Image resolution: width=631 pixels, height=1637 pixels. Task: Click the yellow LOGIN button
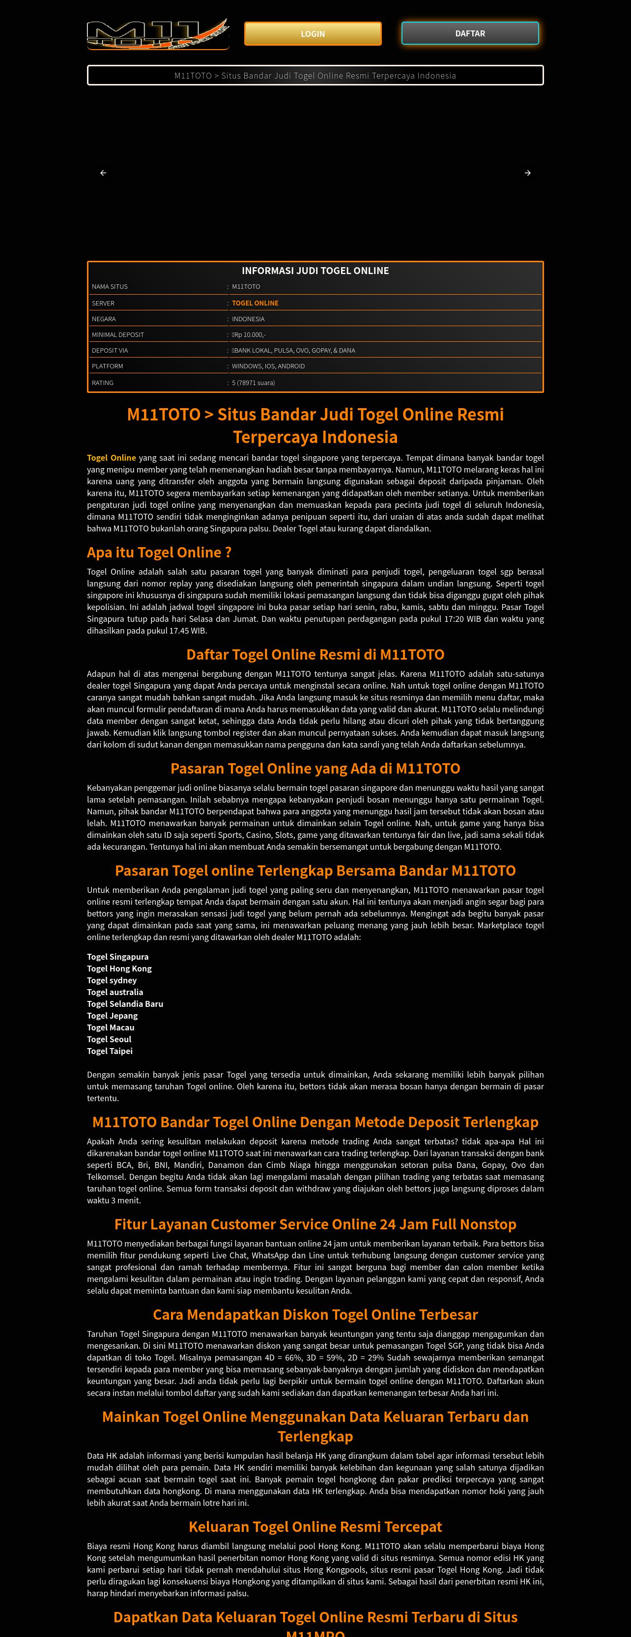(313, 34)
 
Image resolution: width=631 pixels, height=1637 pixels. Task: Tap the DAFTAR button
(469, 34)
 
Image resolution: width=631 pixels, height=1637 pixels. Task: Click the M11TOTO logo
(157, 34)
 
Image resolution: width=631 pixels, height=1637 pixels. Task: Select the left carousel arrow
(103, 173)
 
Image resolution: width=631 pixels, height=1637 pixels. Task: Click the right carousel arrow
(527, 173)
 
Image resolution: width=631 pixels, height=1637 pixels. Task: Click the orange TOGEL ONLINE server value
(255, 303)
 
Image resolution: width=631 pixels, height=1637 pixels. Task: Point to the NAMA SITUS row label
(110, 287)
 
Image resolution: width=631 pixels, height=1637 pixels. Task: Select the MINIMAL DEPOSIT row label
(117, 335)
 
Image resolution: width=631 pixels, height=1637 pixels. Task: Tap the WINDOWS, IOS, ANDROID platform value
(268, 366)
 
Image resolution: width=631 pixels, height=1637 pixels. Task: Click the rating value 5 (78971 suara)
(253, 383)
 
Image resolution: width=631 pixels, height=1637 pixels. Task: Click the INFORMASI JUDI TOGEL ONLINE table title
(315, 271)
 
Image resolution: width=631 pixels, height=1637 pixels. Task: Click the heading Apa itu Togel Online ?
(159, 552)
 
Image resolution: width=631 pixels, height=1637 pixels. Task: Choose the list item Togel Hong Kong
(119, 969)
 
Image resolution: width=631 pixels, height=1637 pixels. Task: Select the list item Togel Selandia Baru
(125, 1004)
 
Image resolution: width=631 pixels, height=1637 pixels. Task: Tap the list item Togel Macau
(111, 1027)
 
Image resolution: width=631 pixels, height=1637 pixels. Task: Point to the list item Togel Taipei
(110, 1051)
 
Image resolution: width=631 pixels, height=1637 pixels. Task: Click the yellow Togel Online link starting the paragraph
(112, 458)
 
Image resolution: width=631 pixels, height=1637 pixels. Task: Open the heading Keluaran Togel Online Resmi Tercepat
(315, 1526)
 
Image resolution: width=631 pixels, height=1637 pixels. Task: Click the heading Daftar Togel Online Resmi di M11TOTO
(315, 655)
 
